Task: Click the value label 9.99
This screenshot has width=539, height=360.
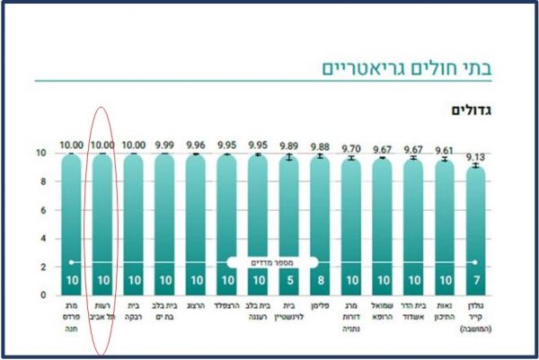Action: [x=164, y=145]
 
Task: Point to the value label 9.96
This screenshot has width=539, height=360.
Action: [x=196, y=145]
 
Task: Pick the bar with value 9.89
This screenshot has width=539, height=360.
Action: [x=288, y=215]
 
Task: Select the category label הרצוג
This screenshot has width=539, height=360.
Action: [x=196, y=305]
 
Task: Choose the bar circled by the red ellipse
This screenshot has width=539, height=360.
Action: [x=102, y=215]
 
